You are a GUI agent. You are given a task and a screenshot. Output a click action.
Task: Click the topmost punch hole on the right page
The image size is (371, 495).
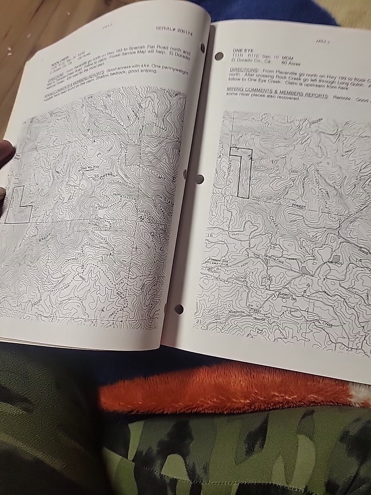tap(219, 55)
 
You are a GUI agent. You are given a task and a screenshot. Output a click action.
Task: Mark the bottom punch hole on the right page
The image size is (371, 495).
tap(179, 309)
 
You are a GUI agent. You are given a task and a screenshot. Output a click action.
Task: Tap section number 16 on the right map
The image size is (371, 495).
tap(210, 236)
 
